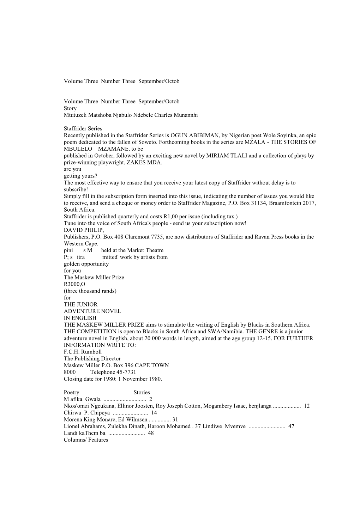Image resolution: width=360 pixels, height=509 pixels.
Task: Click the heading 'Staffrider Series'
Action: pyautogui.click(x=83, y=129)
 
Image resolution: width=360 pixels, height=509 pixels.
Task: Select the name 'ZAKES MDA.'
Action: pyautogui.click(x=149, y=162)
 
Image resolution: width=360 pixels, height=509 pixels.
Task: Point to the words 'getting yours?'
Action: pyautogui.click(x=80, y=176)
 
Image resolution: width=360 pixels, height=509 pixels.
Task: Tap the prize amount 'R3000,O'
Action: pyautogui.click(x=74, y=284)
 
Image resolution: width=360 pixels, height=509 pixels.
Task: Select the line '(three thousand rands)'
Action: pyautogui.click(x=90, y=291)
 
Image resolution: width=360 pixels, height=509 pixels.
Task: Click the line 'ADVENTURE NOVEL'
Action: pyautogui.click(x=92, y=311)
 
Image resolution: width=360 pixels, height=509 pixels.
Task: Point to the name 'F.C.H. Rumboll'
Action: pyautogui.click(x=83, y=352)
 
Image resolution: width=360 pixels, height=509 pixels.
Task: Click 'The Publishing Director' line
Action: pyautogui.click(x=92, y=358)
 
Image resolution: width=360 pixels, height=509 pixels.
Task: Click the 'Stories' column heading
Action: pyautogui.click(x=142, y=392)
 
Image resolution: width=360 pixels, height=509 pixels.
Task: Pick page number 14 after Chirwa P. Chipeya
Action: pyautogui.click(x=154, y=413)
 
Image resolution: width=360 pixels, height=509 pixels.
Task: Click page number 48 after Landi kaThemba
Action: pyautogui.click(x=151, y=433)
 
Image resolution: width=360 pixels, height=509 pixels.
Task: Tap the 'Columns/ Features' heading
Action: pyautogui.click(x=86, y=440)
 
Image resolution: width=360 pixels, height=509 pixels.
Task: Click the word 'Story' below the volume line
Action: pyautogui.click(x=70, y=108)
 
